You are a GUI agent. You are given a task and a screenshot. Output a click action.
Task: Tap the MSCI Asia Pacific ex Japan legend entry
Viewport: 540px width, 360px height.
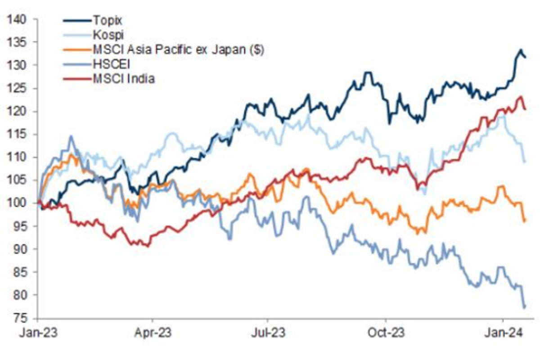pyautogui.click(x=178, y=49)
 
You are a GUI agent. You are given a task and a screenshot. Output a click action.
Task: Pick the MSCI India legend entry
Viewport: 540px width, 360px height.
pyautogui.click(x=124, y=79)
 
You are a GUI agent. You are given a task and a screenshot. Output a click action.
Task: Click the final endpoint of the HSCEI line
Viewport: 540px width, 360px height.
pyautogui.click(x=525, y=307)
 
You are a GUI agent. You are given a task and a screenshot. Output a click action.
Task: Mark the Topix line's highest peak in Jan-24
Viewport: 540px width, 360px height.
pyautogui.click(x=520, y=50)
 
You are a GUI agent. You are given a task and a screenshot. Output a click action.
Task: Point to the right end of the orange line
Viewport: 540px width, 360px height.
pyautogui.click(x=525, y=220)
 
